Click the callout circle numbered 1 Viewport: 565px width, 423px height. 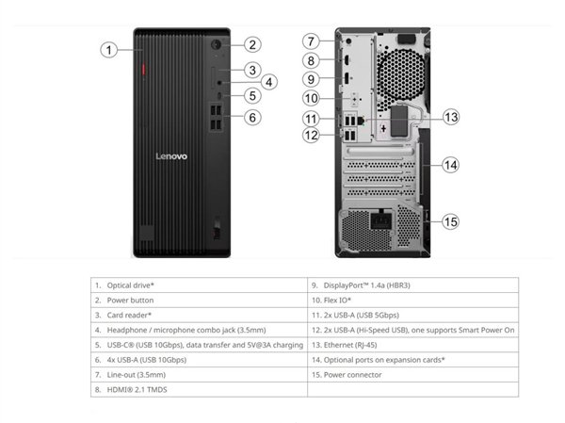[x=108, y=50]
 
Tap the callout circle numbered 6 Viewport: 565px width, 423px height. [x=252, y=117]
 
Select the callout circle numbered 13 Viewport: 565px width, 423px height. [x=451, y=117]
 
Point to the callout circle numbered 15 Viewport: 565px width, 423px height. [x=451, y=221]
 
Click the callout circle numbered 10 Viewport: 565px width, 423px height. [x=312, y=98]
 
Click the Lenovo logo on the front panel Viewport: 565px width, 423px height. [x=171, y=156]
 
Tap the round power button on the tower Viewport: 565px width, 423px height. [x=216, y=44]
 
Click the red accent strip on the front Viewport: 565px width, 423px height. [x=143, y=69]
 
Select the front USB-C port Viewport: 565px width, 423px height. [x=219, y=95]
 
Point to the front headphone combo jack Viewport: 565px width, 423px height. [x=219, y=83]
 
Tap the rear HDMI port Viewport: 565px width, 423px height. [x=347, y=60]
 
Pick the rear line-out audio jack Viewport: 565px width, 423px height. [x=348, y=41]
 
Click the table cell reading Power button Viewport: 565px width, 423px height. [x=199, y=300]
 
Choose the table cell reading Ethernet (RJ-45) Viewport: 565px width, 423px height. [x=413, y=345]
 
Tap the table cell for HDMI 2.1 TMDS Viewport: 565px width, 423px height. [x=199, y=389]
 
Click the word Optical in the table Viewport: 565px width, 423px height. [x=118, y=285]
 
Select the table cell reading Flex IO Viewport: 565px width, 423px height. [x=413, y=300]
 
